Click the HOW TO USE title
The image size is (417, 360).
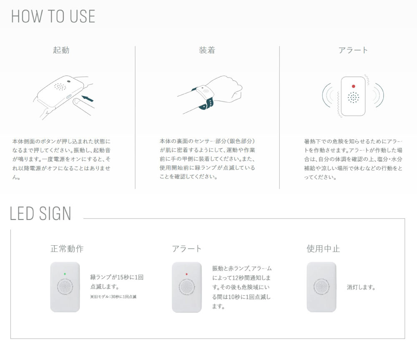[x=53, y=17]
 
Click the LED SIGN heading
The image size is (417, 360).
[x=40, y=214]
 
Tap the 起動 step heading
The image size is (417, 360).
[x=61, y=50]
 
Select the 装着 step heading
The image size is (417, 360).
[x=207, y=50]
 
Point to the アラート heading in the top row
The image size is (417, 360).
[x=353, y=50]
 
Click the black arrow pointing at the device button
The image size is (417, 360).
[x=88, y=98]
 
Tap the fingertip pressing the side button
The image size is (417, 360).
[x=78, y=102]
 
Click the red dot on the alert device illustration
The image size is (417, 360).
[x=354, y=86]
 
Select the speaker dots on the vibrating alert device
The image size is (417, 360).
[x=353, y=98]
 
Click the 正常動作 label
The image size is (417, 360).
[x=67, y=249]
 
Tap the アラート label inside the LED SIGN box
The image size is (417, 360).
[x=187, y=249]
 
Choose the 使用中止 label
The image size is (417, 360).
[x=323, y=249]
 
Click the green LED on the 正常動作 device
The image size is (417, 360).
[x=65, y=274]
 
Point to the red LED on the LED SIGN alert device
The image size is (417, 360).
[x=187, y=274]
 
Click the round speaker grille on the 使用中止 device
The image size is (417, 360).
[x=322, y=287]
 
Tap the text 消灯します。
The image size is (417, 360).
[x=361, y=287]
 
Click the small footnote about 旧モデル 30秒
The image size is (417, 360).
[x=113, y=297]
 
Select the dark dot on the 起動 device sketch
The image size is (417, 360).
[x=69, y=82]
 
